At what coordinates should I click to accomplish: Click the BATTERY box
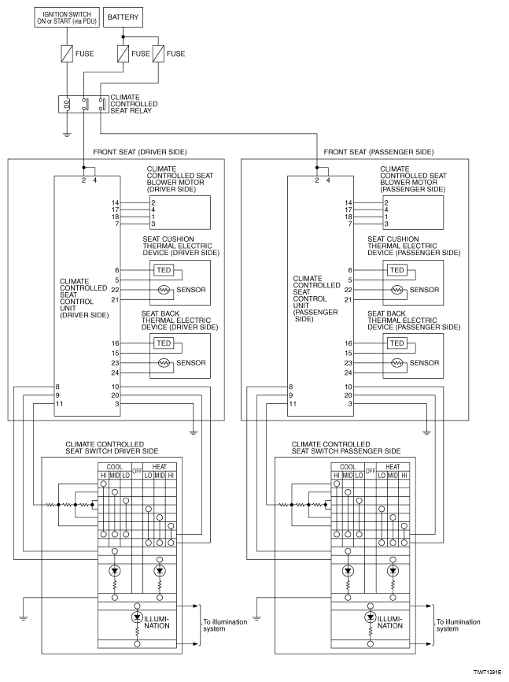pyautogui.click(x=123, y=17)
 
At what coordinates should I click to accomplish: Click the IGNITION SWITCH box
pyautogui.click(x=67, y=17)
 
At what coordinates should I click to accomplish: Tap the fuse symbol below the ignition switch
pyautogui.click(x=67, y=54)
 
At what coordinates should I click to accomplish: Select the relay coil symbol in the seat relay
pyautogui.click(x=67, y=105)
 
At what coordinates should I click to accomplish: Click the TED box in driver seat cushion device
pyautogui.click(x=164, y=270)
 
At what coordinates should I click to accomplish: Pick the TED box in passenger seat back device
pyautogui.click(x=397, y=343)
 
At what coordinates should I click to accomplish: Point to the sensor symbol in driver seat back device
pyautogui.click(x=164, y=363)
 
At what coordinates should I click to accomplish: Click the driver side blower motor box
pyautogui.click(x=180, y=213)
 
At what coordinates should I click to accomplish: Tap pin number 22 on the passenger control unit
pyautogui.click(x=348, y=290)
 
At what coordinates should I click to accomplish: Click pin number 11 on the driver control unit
pyautogui.click(x=59, y=404)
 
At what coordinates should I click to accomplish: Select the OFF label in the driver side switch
pyautogui.click(x=137, y=471)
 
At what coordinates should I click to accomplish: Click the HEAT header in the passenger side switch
pyautogui.click(x=393, y=467)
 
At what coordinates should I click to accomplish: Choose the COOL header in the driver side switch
pyautogui.click(x=114, y=467)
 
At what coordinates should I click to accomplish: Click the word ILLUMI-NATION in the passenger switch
pyautogui.click(x=390, y=622)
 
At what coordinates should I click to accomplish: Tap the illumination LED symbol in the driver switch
pyautogui.click(x=138, y=617)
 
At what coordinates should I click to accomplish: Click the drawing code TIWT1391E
pyautogui.click(x=490, y=672)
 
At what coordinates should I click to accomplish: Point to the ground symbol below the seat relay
pyautogui.click(x=67, y=135)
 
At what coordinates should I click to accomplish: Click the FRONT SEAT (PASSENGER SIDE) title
pyautogui.click(x=378, y=152)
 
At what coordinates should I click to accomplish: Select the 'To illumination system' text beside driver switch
pyautogui.click(x=225, y=625)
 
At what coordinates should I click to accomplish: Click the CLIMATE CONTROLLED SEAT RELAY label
pyautogui.click(x=134, y=104)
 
